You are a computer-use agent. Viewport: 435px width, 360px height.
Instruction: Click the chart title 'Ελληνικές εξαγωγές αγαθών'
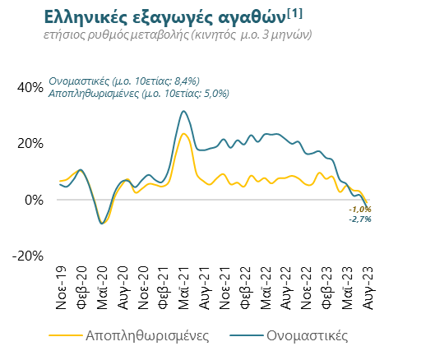tap(165, 18)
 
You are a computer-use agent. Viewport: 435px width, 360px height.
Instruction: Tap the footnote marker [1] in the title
tap(294, 14)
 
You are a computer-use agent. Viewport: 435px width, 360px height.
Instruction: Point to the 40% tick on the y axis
tap(30, 88)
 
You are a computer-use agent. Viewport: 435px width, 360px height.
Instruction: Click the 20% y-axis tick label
tap(30, 144)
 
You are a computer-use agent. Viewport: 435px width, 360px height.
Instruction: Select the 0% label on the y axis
tap(34, 200)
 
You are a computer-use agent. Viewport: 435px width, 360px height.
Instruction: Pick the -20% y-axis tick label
tap(28, 256)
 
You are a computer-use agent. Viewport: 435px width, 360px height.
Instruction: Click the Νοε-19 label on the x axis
tap(62, 288)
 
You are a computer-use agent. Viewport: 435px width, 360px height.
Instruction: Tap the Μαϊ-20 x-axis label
tap(102, 288)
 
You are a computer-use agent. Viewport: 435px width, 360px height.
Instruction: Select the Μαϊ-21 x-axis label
tap(183, 288)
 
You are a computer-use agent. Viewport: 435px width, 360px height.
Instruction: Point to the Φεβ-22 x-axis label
tap(245, 288)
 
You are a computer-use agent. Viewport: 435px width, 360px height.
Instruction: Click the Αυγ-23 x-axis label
tap(368, 288)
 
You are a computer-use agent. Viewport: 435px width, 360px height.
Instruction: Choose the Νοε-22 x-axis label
tap(306, 288)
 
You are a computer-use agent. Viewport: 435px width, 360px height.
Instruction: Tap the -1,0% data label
tap(360, 210)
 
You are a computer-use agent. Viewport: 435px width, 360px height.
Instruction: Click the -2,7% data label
tap(360, 219)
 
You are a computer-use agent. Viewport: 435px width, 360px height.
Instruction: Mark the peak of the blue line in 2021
tap(183, 111)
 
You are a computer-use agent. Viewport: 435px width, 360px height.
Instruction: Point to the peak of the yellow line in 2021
tap(183, 134)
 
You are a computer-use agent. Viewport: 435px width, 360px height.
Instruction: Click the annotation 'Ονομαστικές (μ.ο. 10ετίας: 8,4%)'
tap(124, 81)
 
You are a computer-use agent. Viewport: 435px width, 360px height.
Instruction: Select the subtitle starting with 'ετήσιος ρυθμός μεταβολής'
tap(178, 35)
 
